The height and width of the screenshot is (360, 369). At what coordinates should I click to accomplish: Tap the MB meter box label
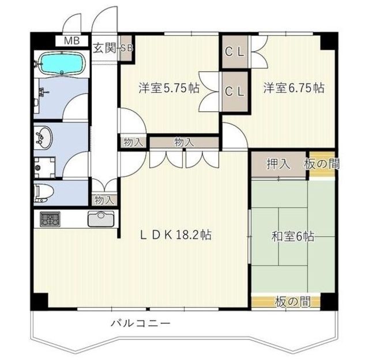click(x=72, y=41)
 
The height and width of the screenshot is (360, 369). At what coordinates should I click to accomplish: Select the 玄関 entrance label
click(x=104, y=48)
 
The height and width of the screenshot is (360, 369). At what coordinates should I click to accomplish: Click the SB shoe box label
click(x=126, y=48)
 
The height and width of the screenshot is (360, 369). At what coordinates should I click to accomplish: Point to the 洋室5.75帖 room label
click(x=169, y=88)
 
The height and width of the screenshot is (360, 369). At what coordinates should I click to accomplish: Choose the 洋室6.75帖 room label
click(x=293, y=88)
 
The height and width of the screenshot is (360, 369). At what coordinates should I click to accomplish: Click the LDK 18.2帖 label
click(x=175, y=234)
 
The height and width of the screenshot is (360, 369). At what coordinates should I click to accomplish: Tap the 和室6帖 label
click(x=292, y=236)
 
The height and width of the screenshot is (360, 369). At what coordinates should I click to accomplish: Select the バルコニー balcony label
click(x=141, y=323)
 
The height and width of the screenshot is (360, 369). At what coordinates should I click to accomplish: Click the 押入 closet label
click(x=278, y=164)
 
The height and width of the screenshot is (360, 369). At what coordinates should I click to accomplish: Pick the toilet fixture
click(x=44, y=193)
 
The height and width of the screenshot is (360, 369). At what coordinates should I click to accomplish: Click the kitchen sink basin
click(x=101, y=219)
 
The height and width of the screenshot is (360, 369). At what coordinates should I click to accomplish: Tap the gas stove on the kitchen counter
click(x=50, y=219)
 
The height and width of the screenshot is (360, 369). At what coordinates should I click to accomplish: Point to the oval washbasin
click(x=43, y=138)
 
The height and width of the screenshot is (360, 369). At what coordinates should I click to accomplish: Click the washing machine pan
click(x=45, y=168)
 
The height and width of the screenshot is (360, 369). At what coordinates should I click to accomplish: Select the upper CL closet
click(x=235, y=52)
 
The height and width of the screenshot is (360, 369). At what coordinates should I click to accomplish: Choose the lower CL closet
click(x=235, y=92)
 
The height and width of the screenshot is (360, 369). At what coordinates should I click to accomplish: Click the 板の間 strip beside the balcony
click(x=286, y=302)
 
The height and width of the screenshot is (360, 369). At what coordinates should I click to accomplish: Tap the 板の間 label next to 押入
click(x=322, y=164)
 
